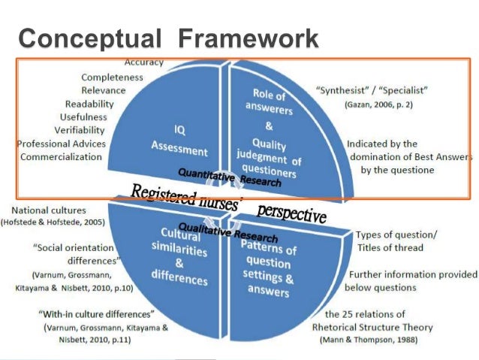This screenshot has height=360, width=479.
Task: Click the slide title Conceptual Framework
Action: pos(167,38)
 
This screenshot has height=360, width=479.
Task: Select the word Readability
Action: pos(89,104)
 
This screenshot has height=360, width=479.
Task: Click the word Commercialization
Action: pos(61,156)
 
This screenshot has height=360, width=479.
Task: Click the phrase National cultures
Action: pos(50,210)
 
